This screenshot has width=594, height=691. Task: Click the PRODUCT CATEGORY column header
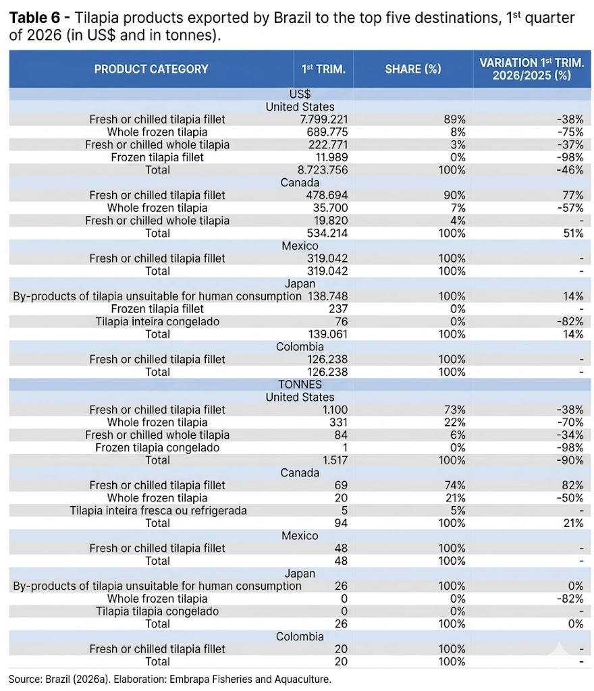coord(151,69)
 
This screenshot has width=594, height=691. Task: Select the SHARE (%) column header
coord(412,69)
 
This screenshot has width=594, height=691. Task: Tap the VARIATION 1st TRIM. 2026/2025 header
coord(531,69)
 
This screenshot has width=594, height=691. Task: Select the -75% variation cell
coord(572,132)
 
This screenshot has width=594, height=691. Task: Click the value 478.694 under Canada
coord(329,195)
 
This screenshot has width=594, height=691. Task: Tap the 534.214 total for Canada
coord(329,233)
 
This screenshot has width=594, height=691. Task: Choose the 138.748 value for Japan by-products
coord(329,296)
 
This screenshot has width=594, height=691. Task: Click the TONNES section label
coord(300,385)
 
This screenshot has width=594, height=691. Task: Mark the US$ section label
coord(300,94)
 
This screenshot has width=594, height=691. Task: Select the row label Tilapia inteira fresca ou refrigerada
coord(158,510)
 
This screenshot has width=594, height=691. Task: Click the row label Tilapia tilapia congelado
coord(157,611)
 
